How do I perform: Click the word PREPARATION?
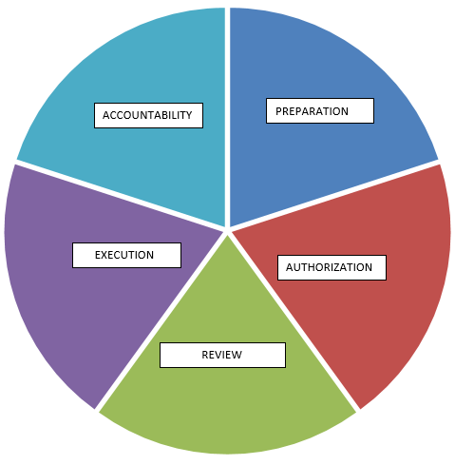pyautogui.click(x=312, y=111)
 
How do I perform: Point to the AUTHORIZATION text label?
pyautogui.click(x=329, y=267)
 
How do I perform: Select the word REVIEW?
pyautogui.click(x=221, y=355)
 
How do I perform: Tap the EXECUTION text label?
pyautogui.click(x=124, y=255)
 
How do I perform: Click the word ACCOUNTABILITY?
pyautogui.click(x=147, y=115)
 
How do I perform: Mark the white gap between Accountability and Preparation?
pyautogui.click(x=227, y=117)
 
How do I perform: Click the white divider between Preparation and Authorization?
pyautogui.click(x=334, y=195)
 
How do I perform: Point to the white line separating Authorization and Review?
pyautogui.click(x=294, y=320)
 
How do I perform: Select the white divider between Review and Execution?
pyautogui.click(x=161, y=320)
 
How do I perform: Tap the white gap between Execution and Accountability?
pyautogui.click(x=121, y=195)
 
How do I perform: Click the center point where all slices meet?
pyautogui.click(x=227, y=230)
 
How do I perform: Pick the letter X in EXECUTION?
pyautogui.click(x=104, y=255)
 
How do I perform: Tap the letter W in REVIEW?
pyautogui.click(x=237, y=355)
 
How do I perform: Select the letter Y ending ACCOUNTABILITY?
pyautogui.click(x=189, y=115)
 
